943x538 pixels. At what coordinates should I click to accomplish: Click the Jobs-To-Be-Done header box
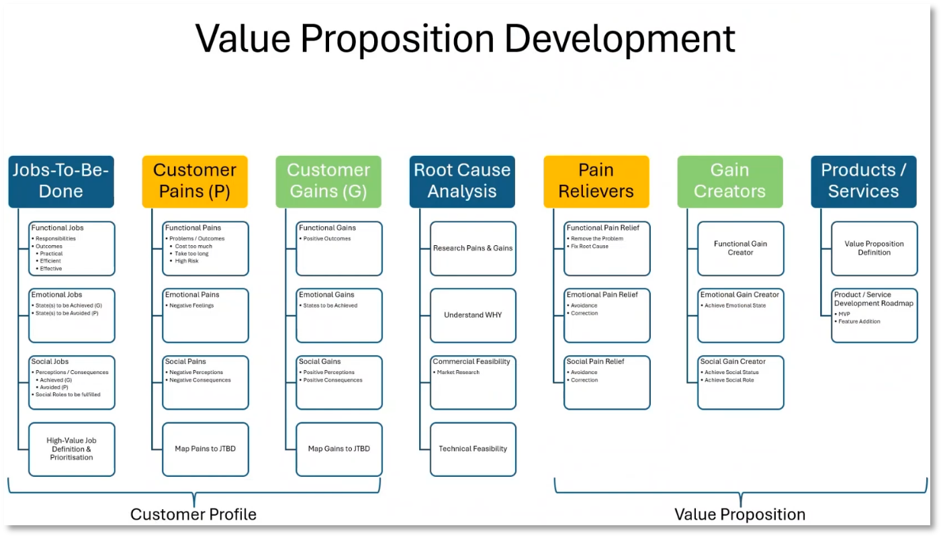(61, 181)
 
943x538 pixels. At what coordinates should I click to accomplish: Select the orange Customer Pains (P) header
(195, 181)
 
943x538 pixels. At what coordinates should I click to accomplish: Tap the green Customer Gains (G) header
(328, 181)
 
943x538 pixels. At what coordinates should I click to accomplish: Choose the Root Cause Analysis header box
(462, 181)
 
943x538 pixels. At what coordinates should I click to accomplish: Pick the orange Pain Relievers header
(596, 181)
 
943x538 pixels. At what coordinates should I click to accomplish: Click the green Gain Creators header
(730, 181)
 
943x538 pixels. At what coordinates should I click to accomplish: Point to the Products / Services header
(864, 181)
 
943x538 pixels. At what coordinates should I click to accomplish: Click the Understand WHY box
(473, 315)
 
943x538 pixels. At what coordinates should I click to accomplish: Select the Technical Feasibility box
(473, 449)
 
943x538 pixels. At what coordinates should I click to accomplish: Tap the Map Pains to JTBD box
(206, 449)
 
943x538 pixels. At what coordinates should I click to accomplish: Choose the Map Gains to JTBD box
(339, 449)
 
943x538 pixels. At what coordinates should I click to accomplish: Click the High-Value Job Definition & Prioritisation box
(71, 449)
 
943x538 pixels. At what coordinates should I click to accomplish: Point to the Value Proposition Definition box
(874, 248)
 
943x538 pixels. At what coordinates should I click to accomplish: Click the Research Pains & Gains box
(473, 248)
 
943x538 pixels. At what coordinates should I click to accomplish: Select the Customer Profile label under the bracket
(193, 514)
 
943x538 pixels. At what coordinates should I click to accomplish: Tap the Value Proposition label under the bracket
(740, 514)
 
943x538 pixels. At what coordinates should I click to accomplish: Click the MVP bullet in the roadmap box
(844, 314)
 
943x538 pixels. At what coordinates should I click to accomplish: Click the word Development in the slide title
(620, 38)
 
